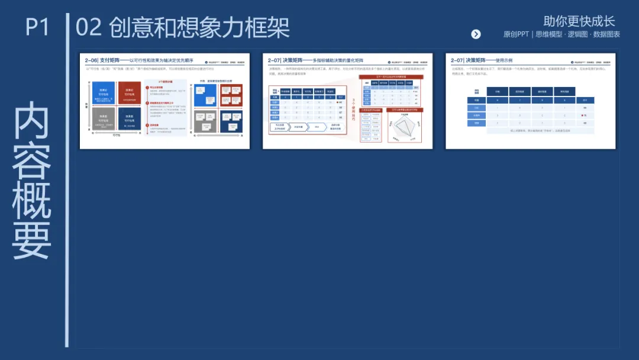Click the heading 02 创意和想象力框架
pyautogui.click(x=183, y=27)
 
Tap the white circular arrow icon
pyautogui.click(x=476, y=34)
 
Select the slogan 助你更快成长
pyautogui.click(x=579, y=21)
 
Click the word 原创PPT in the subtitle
pyautogui.click(x=516, y=34)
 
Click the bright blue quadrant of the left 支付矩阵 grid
pyautogui.click(x=103, y=93)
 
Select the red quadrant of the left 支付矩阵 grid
pyautogui.click(x=130, y=93)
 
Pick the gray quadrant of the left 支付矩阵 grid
pyautogui.click(x=103, y=118)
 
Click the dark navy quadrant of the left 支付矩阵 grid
pyautogui.click(x=130, y=118)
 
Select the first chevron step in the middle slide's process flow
pyautogui.click(x=279, y=127)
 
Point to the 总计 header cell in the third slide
pyautogui.click(x=585, y=100)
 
